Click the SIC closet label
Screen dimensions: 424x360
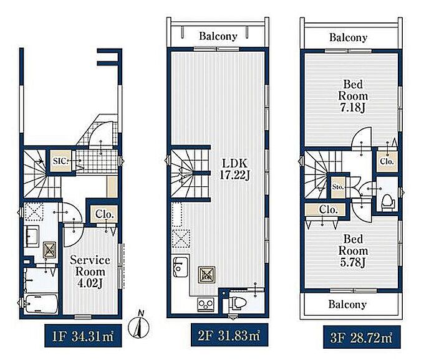click(60, 161)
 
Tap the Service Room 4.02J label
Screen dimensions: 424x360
click(90, 272)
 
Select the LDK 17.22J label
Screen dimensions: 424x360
click(234, 169)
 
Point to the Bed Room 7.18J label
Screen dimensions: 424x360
click(353, 96)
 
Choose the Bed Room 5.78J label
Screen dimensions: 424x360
click(353, 251)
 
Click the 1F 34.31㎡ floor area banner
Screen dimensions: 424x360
click(83, 336)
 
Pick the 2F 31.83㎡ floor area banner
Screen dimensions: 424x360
click(229, 335)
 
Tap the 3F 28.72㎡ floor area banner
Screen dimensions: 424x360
click(362, 337)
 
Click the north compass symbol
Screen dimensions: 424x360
click(138, 325)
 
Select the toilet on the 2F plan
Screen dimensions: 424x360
click(238, 303)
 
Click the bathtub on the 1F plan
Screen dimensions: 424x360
click(41, 304)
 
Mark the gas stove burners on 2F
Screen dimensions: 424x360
click(206, 305)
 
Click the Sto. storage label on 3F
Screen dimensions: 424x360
click(338, 187)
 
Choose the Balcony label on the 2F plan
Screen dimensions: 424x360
click(218, 36)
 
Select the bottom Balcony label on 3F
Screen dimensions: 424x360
click(347, 305)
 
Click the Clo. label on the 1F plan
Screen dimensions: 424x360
click(104, 214)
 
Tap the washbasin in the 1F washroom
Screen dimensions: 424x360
click(32, 236)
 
